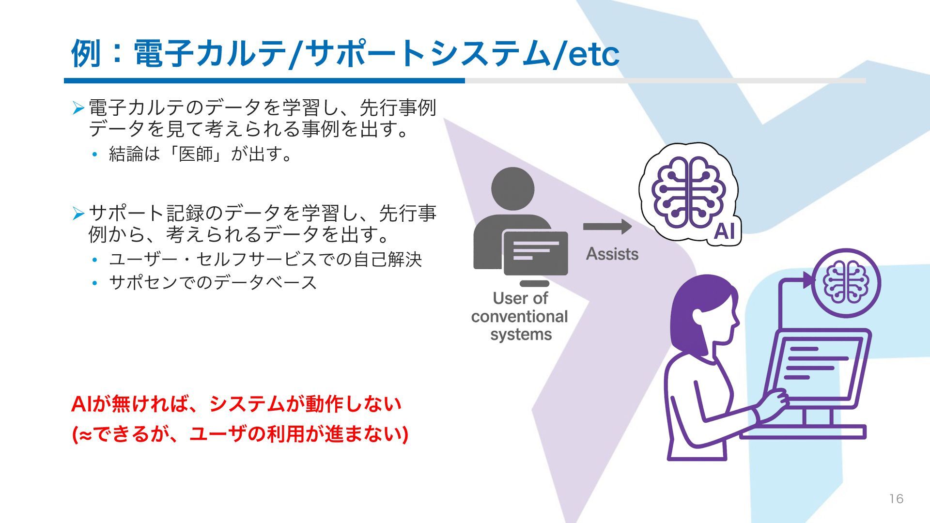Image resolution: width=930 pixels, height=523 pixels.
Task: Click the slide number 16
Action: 896,499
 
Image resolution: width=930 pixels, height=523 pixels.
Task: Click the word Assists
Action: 612,254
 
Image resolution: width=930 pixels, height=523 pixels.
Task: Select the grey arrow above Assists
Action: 607,226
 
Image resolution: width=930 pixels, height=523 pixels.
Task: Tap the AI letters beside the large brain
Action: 724,231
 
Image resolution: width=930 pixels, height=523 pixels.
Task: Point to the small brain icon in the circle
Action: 846,283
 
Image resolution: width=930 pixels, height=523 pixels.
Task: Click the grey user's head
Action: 512,189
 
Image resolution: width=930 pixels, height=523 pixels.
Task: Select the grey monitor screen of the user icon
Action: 535,252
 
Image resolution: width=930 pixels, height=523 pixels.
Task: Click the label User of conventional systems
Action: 520,316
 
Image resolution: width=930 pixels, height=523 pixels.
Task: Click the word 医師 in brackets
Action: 196,154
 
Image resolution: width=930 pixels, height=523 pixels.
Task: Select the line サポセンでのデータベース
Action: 213,282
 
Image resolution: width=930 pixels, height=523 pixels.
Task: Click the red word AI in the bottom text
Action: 81,404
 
